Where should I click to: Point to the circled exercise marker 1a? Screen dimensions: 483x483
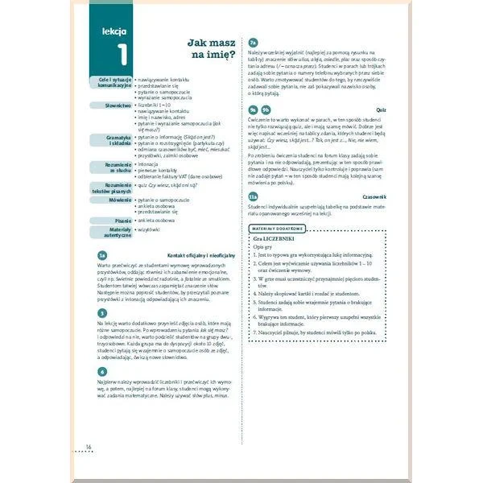coord(101,255)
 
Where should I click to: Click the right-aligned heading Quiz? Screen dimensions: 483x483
coord(382,109)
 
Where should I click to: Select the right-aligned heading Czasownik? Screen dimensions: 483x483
coord(374,196)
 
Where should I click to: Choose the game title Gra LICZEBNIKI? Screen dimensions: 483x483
coord(274,239)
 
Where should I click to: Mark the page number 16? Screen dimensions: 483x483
coord(89,447)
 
